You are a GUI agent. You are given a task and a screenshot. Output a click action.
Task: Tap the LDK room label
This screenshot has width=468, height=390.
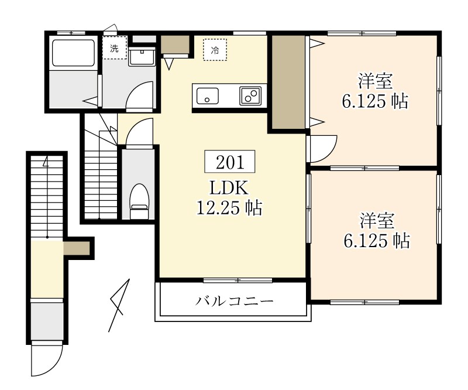click(229, 187)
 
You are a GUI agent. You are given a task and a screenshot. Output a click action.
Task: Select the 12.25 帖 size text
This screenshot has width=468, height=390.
click(229, 207)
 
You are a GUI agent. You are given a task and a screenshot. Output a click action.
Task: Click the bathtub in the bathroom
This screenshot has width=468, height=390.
click(73, 53)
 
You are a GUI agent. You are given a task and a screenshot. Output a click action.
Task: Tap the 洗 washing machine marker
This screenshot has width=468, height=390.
click(114, 49)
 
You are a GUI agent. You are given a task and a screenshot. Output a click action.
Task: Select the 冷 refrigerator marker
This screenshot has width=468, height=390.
click(215, 50)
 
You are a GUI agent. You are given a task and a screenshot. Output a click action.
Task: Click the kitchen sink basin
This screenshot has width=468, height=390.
click(207, 95)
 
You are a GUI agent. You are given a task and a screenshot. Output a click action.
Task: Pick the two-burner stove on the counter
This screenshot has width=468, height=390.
click(250, 95)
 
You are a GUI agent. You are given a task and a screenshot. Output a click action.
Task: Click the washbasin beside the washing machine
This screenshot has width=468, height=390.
click(141, 56)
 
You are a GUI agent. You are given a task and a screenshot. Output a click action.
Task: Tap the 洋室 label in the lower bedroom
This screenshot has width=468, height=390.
click(376, 221)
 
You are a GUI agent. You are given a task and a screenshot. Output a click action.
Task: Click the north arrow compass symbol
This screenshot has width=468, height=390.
click(119, 305)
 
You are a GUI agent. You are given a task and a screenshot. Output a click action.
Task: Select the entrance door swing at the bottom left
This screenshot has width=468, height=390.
click(47, 360)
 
